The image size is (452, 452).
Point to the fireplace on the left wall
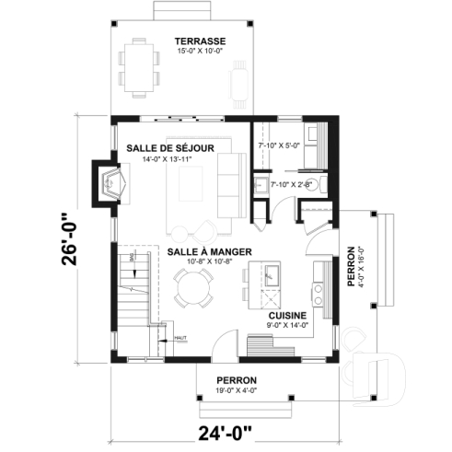[x=111, y=184]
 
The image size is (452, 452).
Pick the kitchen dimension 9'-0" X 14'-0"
[x=286, y=325]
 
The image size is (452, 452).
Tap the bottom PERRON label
[x=236, y=379]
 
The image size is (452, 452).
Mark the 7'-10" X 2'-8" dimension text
[x=291, y=185]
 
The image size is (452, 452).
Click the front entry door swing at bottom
[x=223, y=347]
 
